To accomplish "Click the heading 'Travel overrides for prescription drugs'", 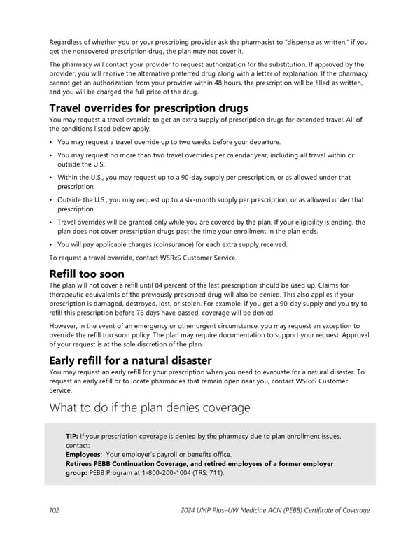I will tap(148, 108).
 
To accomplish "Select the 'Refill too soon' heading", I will tap(87, 274).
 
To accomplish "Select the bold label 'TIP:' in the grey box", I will tap(72, 436).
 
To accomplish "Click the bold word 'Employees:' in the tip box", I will tap(85, 454).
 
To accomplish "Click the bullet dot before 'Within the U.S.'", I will tap(52, 177).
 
